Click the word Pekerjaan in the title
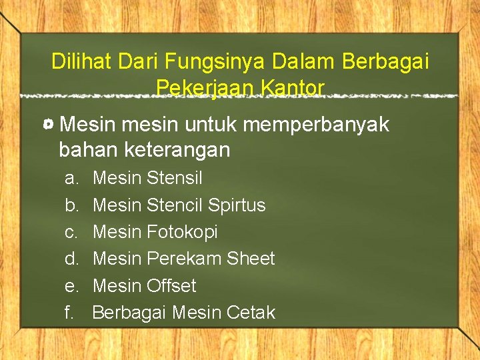tap(206, 87)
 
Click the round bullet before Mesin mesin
tap(49, 125)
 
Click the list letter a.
tap(70, 179)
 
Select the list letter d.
tap(70, 259)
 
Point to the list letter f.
tap(69, 312)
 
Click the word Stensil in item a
tap(174, 178)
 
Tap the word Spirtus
tap(236, 205)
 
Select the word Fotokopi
tap(182, 232)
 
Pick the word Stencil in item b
tap(174, 205)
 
